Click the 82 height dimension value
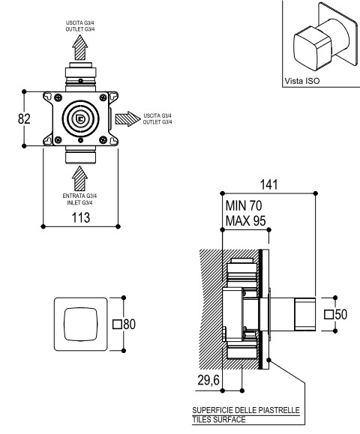coord(24,118)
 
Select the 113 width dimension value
coord(81,217)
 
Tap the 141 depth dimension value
coord(268,184)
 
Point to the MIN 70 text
coord(244,205)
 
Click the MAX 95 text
coord(246,221)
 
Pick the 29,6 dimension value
coord(208,380)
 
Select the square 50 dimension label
coord(336,314)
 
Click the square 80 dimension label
coord(124,324)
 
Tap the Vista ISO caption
coord(302,81)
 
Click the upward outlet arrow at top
coord(80,48)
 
